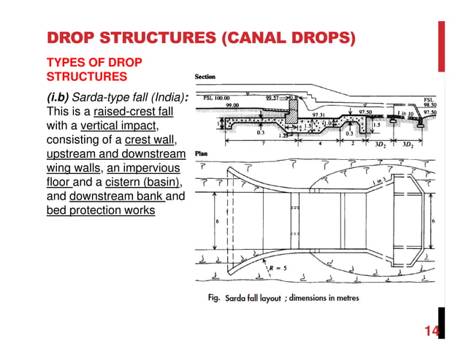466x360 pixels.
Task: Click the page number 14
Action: coord(432,332)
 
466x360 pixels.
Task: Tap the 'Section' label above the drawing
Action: coord(205,77)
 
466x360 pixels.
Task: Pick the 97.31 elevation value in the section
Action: coord(318,115)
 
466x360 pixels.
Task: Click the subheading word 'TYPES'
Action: coord(66,61)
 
